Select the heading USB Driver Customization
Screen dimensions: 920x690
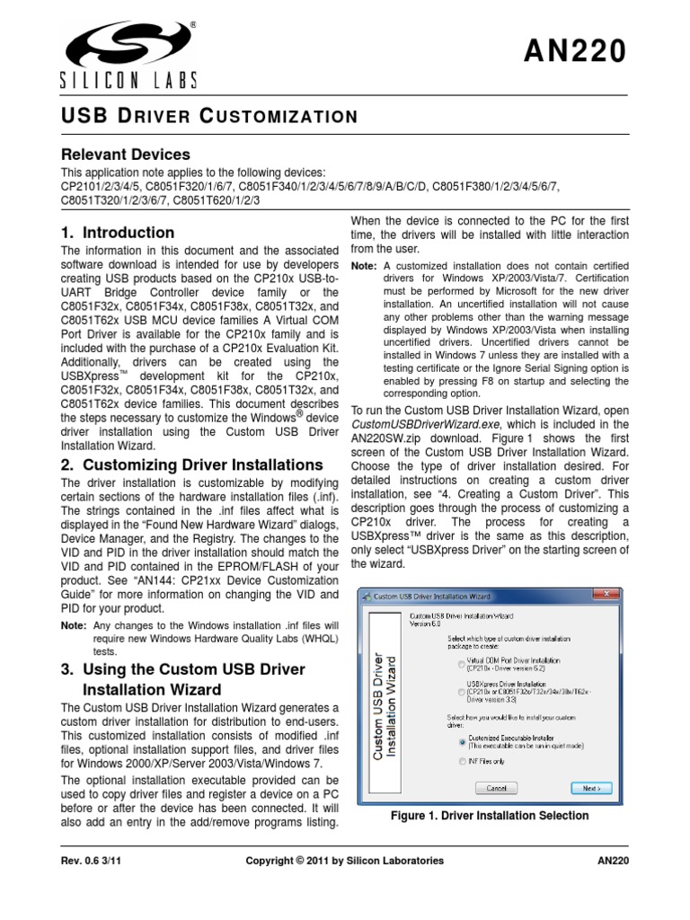pos(209,116)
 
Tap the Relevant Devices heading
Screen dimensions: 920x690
pos(125,155)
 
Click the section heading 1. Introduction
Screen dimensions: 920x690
pos(117,233)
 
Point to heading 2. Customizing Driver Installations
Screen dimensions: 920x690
pos(191,464)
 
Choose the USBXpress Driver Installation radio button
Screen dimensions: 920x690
pos(462,694)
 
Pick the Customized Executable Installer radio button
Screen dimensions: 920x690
pos(462,742)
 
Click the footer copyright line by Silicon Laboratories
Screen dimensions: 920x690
pos(345,861)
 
